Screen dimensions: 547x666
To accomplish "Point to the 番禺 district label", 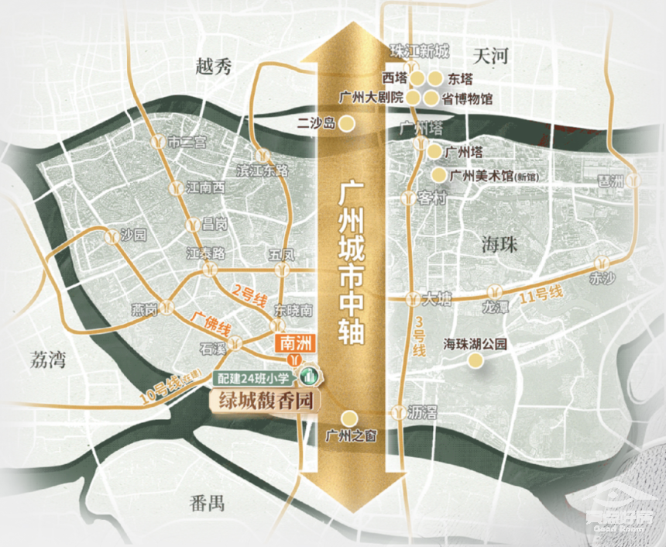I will click(x=206, y=503).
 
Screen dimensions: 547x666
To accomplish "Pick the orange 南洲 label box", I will click(x=294, y=342).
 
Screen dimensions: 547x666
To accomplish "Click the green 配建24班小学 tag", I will click(x=255, y=379).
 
